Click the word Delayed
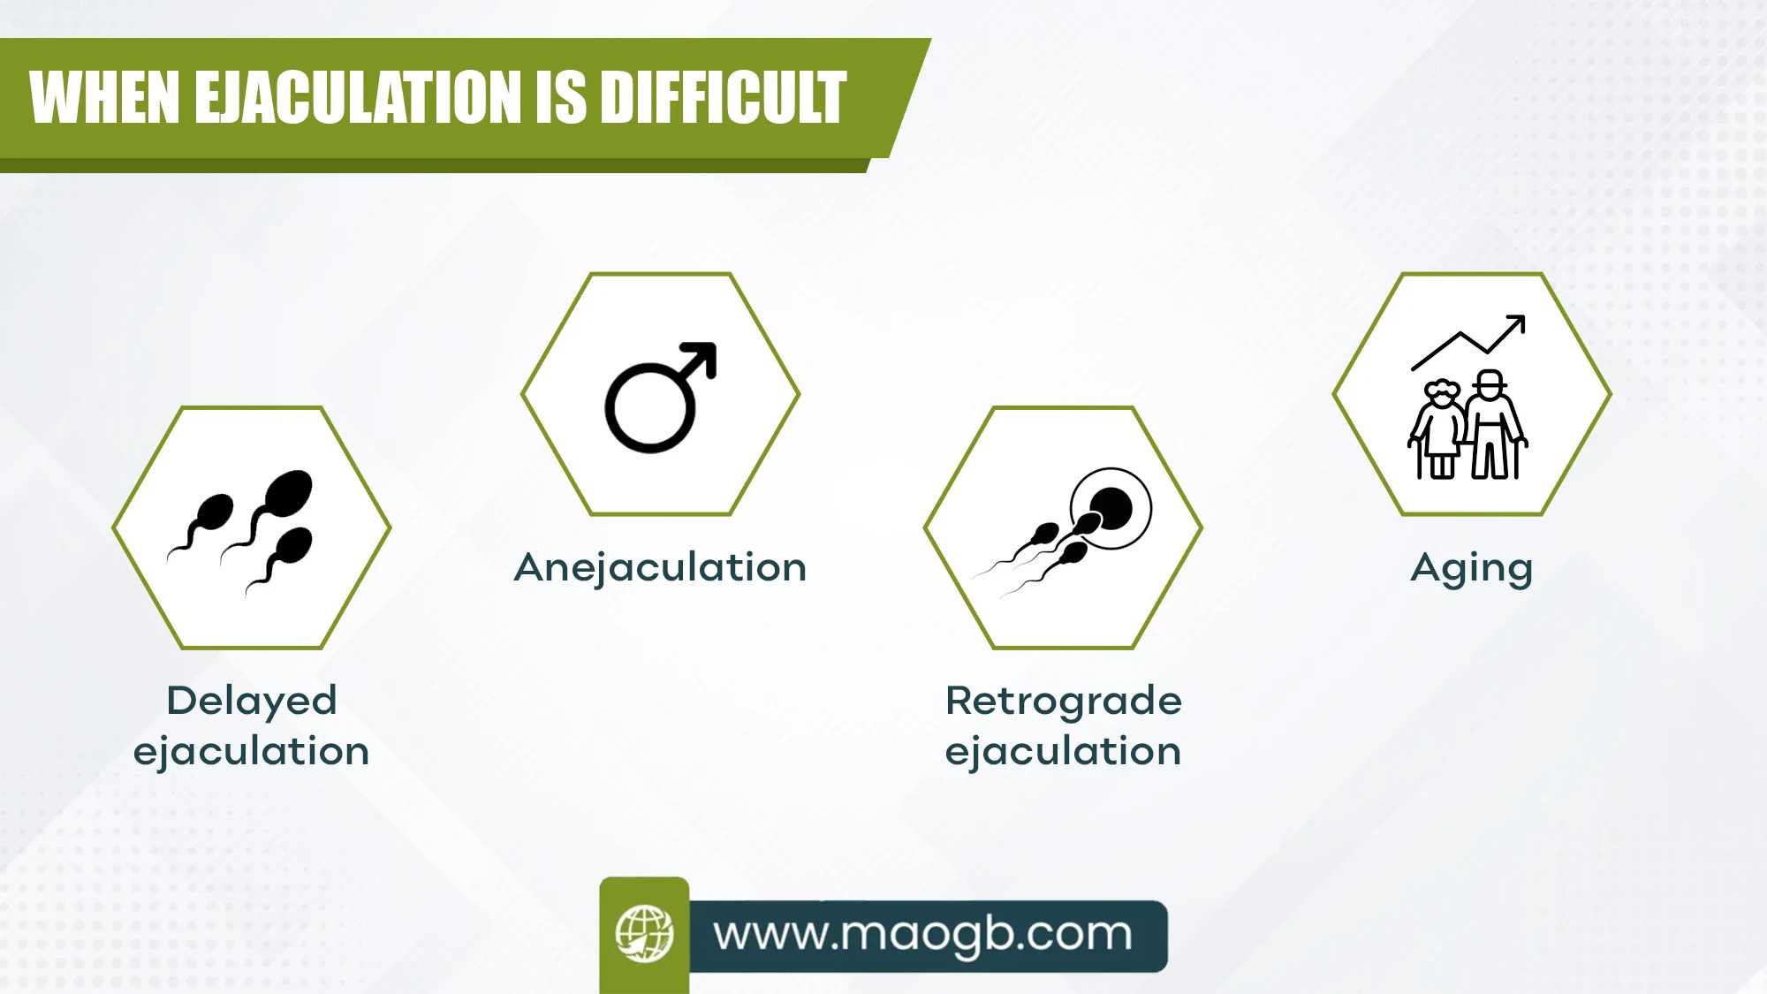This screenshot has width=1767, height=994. pyautogui.click(x=252, y=701)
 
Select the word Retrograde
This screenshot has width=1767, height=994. pyautogui.click(x=1064, y=702)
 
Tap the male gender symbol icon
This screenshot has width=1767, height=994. pyautogui.click(x=661, y=398)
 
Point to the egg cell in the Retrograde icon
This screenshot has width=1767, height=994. pyautogui.click(x=1111, y=509)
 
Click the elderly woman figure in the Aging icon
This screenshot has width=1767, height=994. pyautogui.click(x=1437, y=429)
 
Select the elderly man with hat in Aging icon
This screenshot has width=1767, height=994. pyautogui.click(x=1493, y=425)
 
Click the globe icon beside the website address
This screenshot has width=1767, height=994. pyautogui.click(x=644, y=933)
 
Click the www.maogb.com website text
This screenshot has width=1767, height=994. pyautogui.click(x=923, y=934)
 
